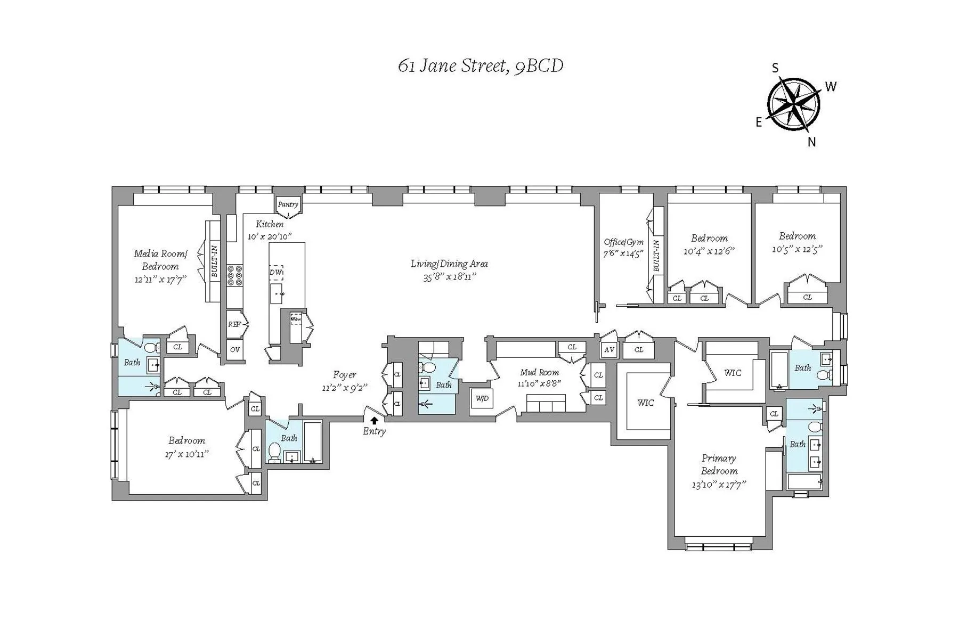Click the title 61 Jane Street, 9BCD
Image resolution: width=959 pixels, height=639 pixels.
click(481, 66)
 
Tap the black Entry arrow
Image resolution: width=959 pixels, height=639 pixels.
click(375, 420)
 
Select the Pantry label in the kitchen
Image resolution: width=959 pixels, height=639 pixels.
click(288, 204)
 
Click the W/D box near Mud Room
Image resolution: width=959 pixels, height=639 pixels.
click(482, 399)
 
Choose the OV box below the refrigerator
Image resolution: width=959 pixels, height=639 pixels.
click(234, 350)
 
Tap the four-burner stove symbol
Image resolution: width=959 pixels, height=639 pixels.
click(234, 276)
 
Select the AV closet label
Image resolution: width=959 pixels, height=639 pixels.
click(609, 350)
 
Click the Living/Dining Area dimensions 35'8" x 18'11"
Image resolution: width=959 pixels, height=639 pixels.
click(449, 277)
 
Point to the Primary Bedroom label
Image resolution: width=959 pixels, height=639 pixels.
click(719, 464)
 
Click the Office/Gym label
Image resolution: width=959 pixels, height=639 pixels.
click(623, 242)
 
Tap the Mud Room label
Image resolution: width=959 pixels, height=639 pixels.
click(539, 373)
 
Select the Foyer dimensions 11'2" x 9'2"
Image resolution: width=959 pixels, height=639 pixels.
click(345, 388)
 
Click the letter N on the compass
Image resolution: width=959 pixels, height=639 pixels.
click(811, 142)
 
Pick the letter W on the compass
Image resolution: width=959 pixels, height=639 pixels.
click(831, 86)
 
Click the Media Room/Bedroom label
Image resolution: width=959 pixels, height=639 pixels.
click(160, 260)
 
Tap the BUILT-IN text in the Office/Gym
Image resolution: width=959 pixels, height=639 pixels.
click(656, 256)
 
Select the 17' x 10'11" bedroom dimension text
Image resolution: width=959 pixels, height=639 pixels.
click(186, 454)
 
